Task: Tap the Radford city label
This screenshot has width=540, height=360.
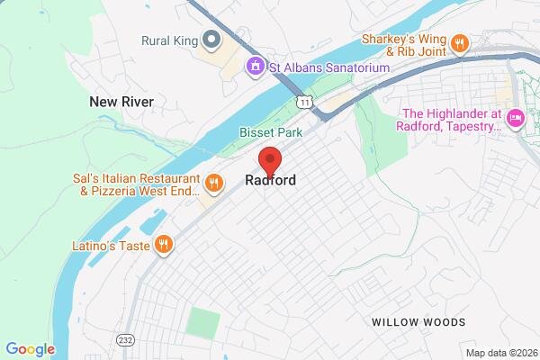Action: [270, 181]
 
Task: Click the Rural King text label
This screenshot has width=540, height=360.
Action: [168, 40]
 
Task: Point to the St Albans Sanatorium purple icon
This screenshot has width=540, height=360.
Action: [256, 67]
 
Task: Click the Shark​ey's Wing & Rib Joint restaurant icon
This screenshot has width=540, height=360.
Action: [460, 43]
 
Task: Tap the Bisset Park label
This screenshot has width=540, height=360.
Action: [271, 132]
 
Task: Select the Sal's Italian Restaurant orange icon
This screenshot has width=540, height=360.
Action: [213, 184]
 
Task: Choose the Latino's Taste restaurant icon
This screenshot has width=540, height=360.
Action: [163, 245]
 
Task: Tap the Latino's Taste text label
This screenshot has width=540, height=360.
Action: [110, 245]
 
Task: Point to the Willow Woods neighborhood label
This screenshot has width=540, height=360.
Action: [418, 322]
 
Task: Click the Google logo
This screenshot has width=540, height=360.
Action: [31, 348]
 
